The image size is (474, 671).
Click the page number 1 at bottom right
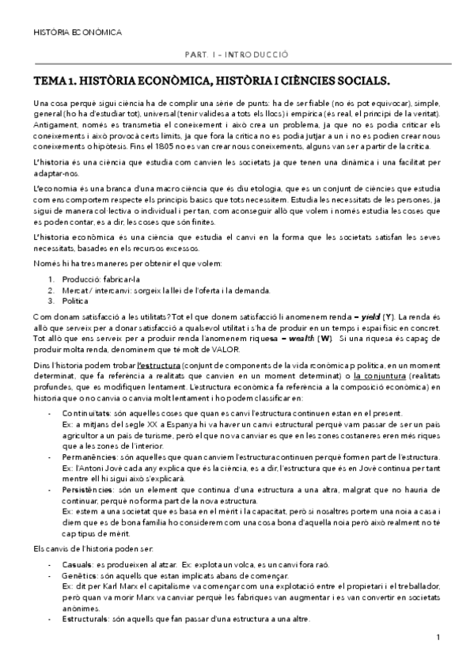[x=438, y=638]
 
